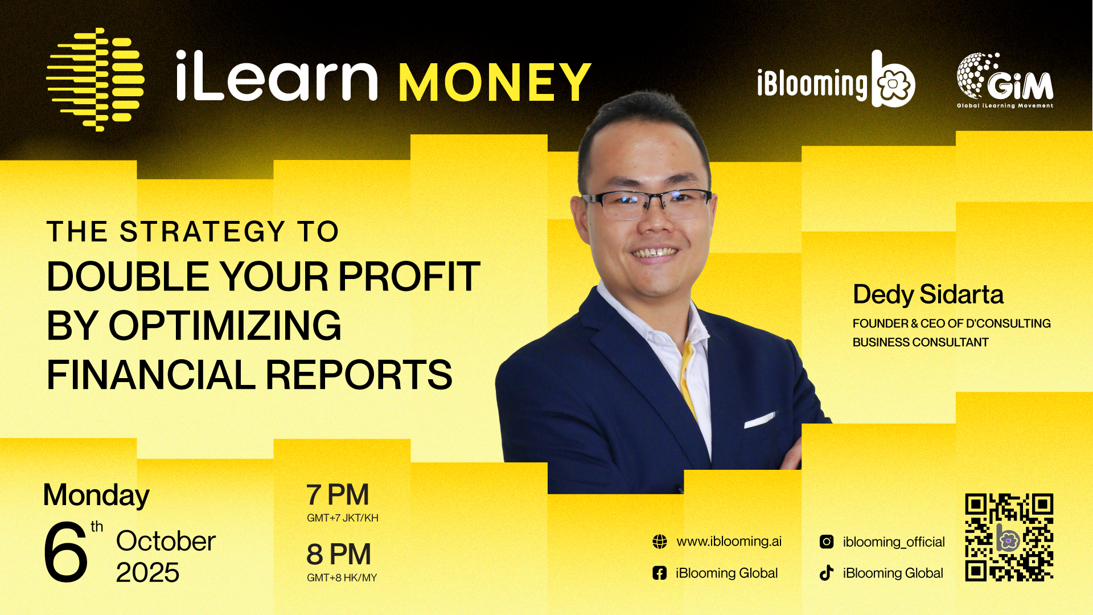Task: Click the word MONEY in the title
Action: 495,82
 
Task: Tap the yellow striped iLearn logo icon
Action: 95,79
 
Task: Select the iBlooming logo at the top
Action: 836,80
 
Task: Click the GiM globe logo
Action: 1005,80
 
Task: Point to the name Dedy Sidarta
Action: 928,295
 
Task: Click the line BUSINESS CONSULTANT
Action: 921,342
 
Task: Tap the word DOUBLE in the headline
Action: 128,277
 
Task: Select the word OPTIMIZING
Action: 225,326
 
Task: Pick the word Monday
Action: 96,495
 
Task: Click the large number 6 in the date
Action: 65,552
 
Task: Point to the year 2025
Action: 147,572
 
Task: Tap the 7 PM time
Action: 338,494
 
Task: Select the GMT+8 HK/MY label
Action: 342,577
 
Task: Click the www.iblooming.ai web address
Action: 729,542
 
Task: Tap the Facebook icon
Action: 659,573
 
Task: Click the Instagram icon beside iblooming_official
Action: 827,542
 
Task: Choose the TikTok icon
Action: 827,573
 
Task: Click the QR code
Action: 1009,538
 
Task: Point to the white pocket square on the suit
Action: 759,420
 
